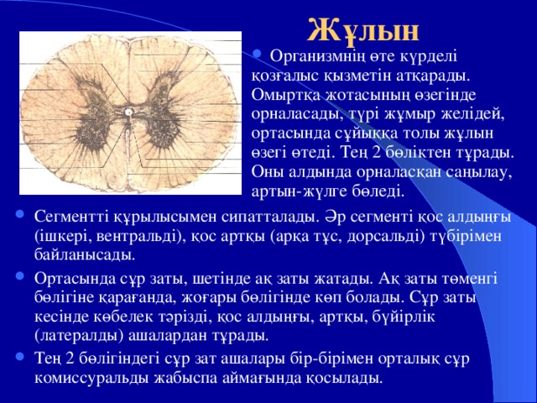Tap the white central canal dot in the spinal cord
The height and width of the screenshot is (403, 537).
(x=128, y=112)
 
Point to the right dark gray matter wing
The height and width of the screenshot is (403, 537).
(x=165, y=110)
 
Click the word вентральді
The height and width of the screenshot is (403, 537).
(x=138, y=237)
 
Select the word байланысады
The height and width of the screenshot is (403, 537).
(x=85, y=255)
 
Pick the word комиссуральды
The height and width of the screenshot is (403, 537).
(x=91, y=379)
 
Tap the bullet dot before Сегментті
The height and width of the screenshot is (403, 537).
(x=19, y=215)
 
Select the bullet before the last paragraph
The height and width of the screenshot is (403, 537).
(x=19, y=356)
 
